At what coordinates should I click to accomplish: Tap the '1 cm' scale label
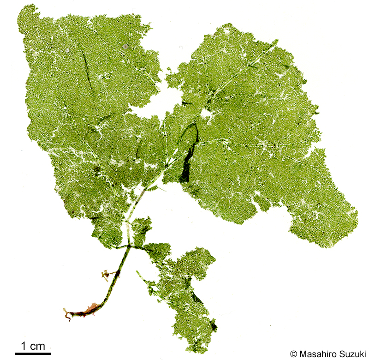click(x=33, y=345)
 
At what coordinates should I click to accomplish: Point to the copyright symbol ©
click(x=293, y=354)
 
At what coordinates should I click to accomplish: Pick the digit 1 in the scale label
click(x=24, y=345)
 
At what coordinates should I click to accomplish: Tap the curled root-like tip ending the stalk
click(x=67, y=315)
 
